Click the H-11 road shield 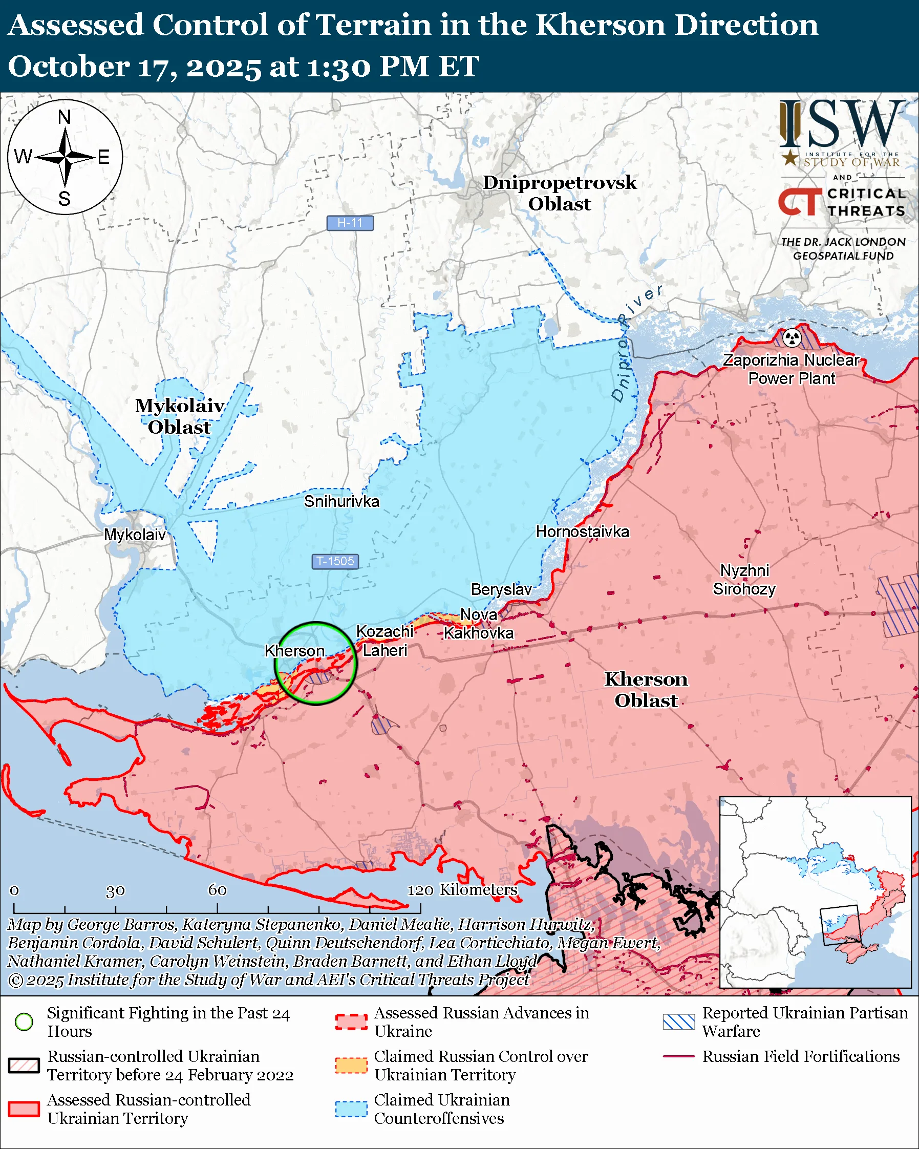(x=350, y=223)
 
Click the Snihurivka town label (x=341, y=501)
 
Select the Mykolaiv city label (x=135, y=535)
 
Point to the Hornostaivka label (x=582, y=532)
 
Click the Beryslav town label (x=501, y=589)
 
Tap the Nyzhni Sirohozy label (x=744, y=580)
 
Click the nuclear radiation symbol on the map (x=792, y=337)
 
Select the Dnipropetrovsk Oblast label (x=560, y=193)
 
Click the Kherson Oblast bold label (x=646, y=690)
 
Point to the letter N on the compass (x=65, y=117)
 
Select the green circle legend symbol (x=24, y=1022)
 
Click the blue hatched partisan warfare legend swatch (x=679, y=1022)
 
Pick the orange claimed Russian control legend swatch (x=351, y=1066)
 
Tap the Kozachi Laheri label (x=384, y=641)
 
